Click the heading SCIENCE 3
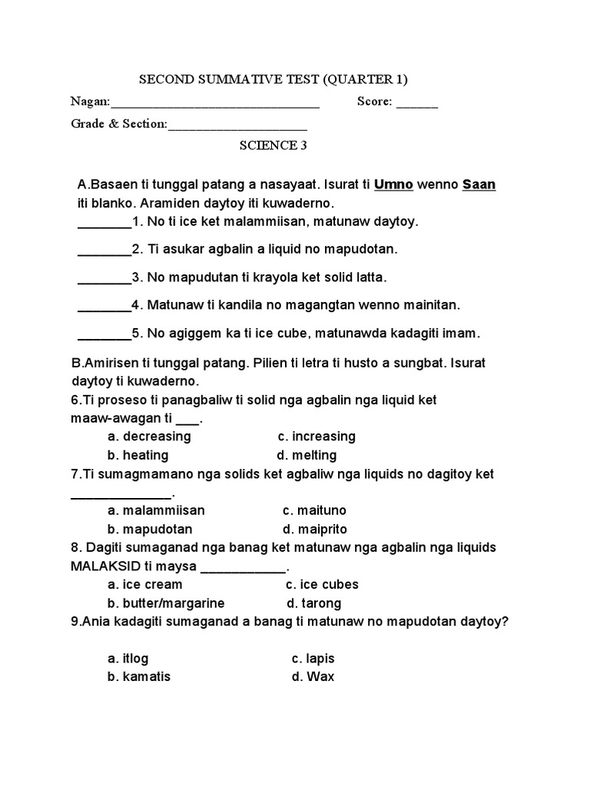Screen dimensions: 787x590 [268, 145]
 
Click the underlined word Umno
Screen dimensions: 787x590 [393, 185]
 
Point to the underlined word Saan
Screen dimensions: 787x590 [479, 185]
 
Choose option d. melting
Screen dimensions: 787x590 [307, 455]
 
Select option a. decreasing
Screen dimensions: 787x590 [149, 437]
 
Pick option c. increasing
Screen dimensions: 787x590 [317, 437]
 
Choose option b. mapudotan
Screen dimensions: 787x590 [150, 530]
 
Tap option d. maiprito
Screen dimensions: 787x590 [315, 530]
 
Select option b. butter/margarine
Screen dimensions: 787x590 [166, 603]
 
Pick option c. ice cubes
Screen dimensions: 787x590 [322, 585]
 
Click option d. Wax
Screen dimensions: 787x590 [313, 678]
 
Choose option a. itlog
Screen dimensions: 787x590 [128, 659]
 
